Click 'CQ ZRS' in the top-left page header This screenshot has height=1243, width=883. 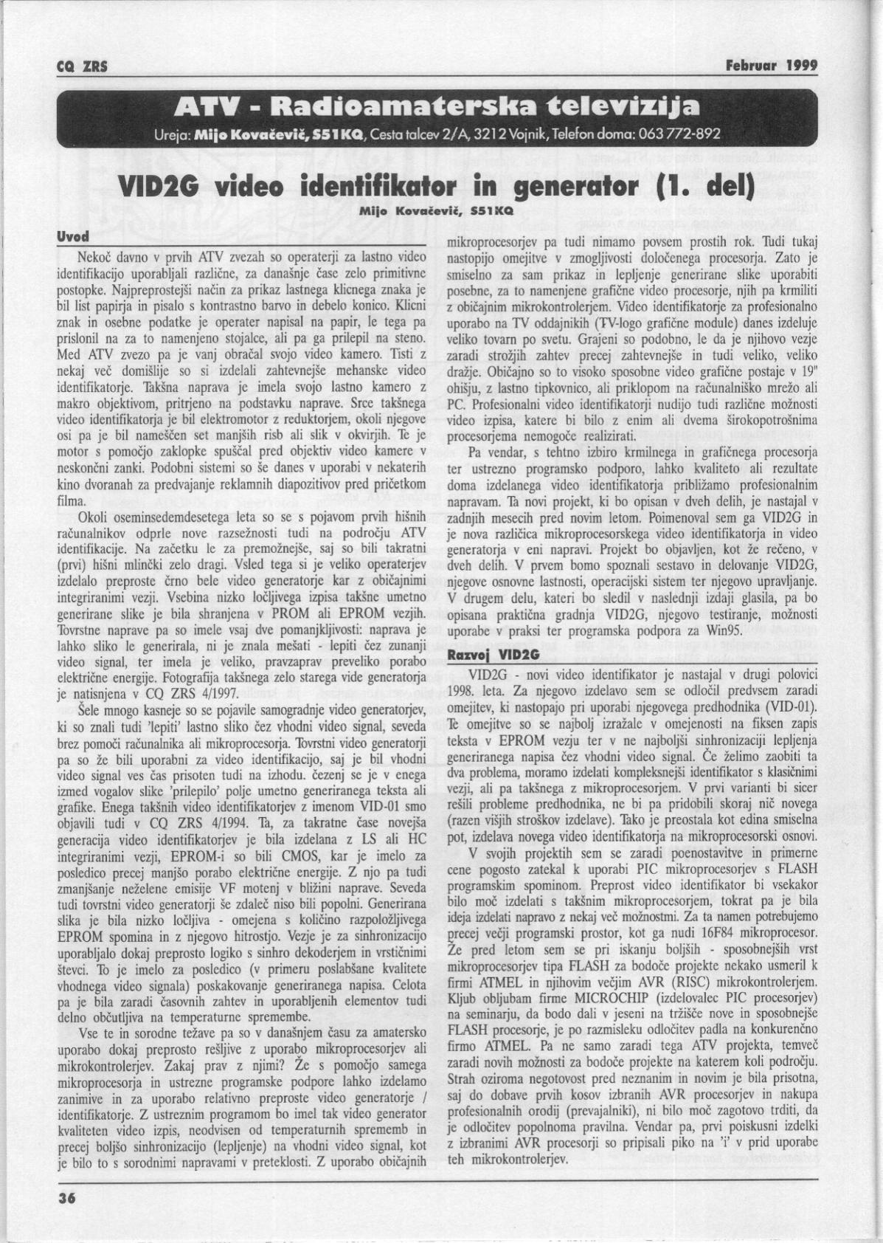click(x=82, y=66)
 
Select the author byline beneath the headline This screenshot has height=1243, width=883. click(x=420, y=211)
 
